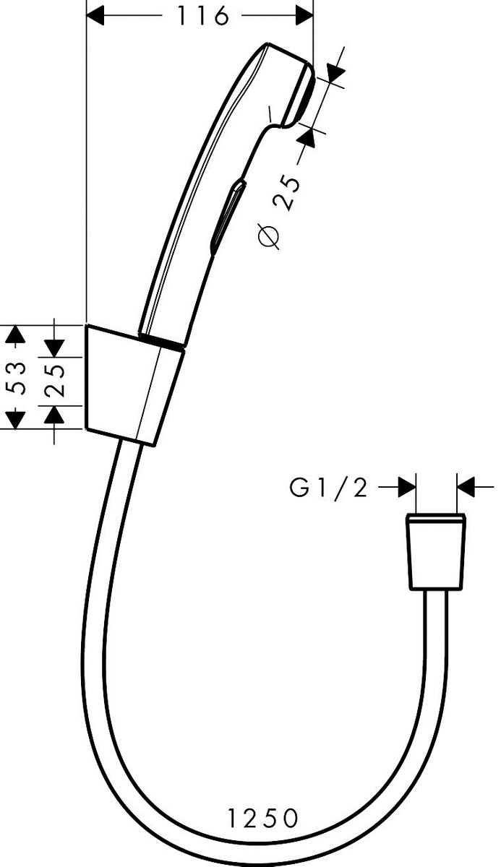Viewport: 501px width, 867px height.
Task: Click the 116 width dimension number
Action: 203,16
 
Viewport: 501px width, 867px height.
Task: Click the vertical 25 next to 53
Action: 53,381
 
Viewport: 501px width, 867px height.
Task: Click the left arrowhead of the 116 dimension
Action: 95,15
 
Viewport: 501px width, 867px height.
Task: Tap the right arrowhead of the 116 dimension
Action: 304,15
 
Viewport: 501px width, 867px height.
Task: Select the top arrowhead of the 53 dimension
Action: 15,335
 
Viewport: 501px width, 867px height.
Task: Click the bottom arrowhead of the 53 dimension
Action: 15,420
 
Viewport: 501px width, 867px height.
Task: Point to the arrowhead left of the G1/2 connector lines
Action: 407,487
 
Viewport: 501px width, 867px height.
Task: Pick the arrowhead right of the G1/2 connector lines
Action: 466,487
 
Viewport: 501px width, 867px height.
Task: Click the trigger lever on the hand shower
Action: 228,217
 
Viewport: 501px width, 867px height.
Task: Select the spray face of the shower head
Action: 303,95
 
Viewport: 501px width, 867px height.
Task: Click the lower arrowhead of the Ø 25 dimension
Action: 306,138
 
